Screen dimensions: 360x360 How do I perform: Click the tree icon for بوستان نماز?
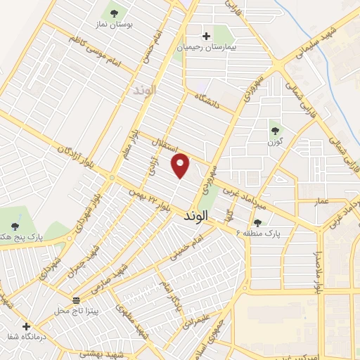114,13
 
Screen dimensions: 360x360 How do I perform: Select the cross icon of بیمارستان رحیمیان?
206,36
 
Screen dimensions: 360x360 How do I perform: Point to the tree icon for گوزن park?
275,130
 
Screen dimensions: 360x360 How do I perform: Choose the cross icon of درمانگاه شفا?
26,327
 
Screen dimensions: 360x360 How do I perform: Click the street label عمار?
321,201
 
